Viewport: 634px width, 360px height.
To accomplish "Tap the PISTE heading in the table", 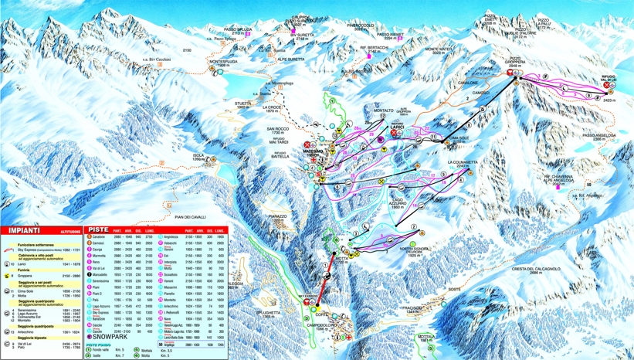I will (98, 229).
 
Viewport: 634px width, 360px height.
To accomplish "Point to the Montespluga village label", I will (225, 65).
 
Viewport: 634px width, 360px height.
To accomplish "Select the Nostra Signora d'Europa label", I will (415, 250).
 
